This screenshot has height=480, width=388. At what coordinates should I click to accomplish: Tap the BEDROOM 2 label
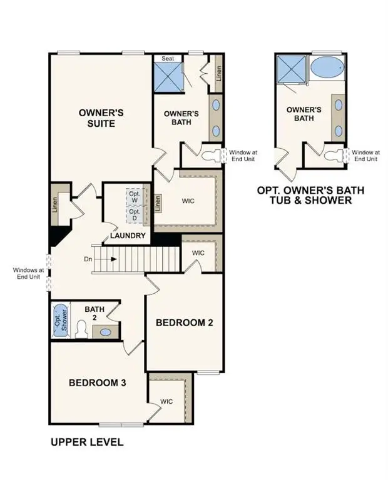(x=185, y=322)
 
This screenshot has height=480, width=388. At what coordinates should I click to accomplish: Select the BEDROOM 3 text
(x=98, y=382)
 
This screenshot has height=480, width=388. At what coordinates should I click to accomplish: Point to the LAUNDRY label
(x=128, y=236)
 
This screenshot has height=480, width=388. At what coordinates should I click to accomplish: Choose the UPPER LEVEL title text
(x=86, y=442)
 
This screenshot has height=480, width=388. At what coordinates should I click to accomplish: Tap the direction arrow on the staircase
(x=108, y=258)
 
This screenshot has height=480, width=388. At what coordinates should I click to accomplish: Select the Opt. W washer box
(x=135, y=196)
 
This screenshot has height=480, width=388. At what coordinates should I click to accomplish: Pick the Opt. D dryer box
(x=135, y=215)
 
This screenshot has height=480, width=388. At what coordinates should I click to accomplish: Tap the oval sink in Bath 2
(x=106, y=332)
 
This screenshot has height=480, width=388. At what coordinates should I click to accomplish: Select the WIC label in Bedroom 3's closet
(x=166, y=401)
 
